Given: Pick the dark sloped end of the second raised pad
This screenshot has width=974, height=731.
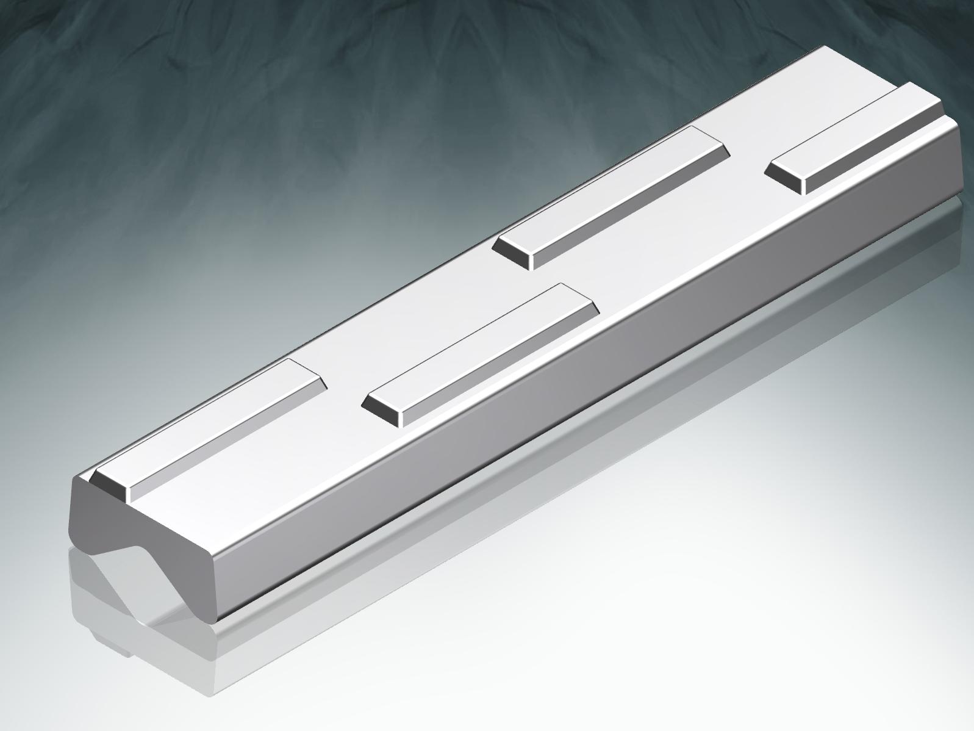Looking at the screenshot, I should click(382, 409).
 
